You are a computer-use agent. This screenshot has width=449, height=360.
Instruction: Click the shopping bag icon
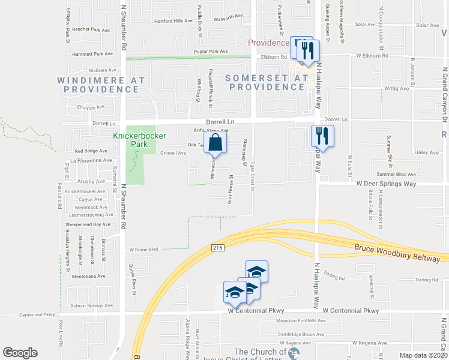pyautogui.click(x=215, y=143)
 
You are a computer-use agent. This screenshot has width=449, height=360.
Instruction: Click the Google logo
pyautogui.click(x=20, y=353)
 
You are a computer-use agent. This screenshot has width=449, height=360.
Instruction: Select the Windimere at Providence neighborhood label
pyautogui.click(x=101, y=85)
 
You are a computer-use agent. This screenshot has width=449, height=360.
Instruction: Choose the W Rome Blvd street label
pyautogui.click(x=143, y=249)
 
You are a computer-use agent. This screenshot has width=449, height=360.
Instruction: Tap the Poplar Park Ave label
pyautogui.click(x=211, y=52)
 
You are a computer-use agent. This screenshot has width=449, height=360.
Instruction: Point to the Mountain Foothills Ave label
pyautogui.click(x=300, y=320)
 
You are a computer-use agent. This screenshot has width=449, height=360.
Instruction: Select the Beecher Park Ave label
pyautogui.click(x=91, y=29)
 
